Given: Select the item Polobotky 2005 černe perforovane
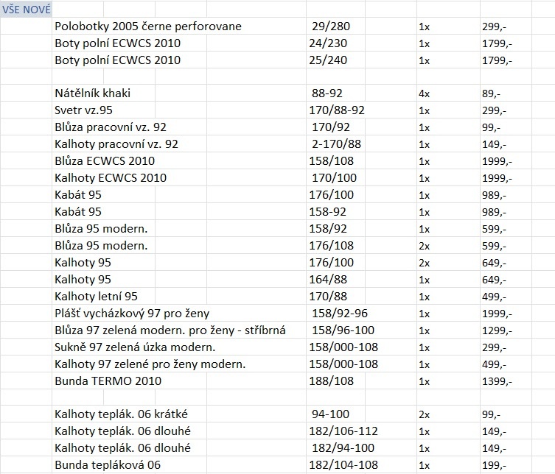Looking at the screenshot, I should (147, 26).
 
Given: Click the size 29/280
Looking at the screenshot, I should (332, 26).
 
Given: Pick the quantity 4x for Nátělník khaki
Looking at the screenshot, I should (424, 93).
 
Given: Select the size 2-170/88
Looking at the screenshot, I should (336, 144).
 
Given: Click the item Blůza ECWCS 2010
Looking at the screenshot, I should (105, 161).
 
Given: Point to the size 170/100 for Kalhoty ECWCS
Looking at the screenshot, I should (333, 178).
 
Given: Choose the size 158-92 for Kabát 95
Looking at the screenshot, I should (329, 212).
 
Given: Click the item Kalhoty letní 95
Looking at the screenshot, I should (96, 297).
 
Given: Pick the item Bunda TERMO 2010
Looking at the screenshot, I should (108, 381).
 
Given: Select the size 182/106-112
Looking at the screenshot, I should (343, 431).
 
